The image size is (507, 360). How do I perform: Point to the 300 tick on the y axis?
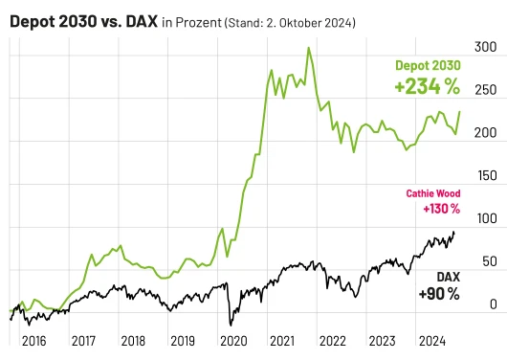(487, 46)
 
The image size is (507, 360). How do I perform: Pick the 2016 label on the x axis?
(33, 340)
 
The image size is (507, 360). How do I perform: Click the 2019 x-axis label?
(183, 340)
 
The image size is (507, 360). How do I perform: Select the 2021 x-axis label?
(282, 340)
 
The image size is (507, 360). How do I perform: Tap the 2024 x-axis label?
(431, 340)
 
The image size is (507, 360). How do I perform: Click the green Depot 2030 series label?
(428, 65)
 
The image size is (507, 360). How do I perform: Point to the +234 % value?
(427, 86)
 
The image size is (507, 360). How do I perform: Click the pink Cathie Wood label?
(433, 193)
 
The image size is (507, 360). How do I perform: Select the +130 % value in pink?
(441, 209)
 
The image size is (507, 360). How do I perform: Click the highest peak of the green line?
(308, 47)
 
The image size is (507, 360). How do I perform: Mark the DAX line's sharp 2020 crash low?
(231, 324)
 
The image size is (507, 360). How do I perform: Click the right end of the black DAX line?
(454, 231)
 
